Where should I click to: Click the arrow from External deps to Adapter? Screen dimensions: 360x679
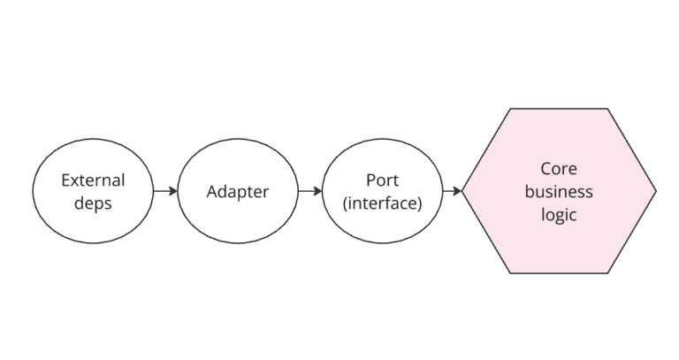(x=164, y=191)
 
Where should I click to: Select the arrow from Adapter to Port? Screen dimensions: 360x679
(x=309, y=191)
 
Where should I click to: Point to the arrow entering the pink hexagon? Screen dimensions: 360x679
(x=451, y=191)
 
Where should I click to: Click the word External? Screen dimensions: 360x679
(x=93, y=180)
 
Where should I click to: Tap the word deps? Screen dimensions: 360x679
(x=93, y=203)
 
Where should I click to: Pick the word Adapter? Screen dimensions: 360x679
(x=237, y=191)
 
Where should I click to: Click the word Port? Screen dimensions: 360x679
(x=382, y=180)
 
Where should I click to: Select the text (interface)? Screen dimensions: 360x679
(x=382, y=203)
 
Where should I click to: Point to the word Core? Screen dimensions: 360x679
(x=559, y=169)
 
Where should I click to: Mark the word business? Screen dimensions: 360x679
(x=559, y=191)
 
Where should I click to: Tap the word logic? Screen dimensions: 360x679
(x=559, y=214)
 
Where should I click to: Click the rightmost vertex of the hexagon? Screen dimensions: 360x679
(x=656, y=191)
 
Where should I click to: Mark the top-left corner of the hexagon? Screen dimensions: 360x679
(x=510, y=109)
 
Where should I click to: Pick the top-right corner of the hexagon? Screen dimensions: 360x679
(x=608, y=109)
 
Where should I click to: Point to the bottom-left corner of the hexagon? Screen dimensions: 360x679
(x=510, y=273)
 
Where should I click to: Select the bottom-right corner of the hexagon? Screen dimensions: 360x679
(x=608, y=273)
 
